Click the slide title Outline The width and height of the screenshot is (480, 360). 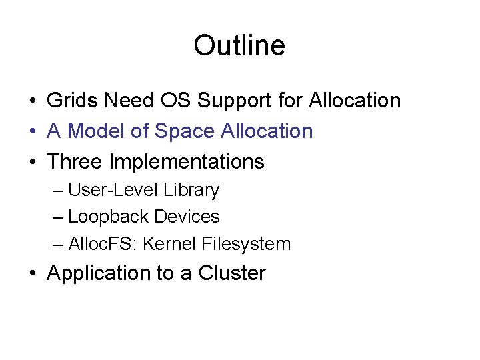pyautogui.click(x=239, y=45)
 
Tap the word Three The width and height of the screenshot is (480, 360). pyautogui.click(x=75, y=162)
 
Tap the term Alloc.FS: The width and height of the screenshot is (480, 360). pyautogui.click(x=98, y=244)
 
